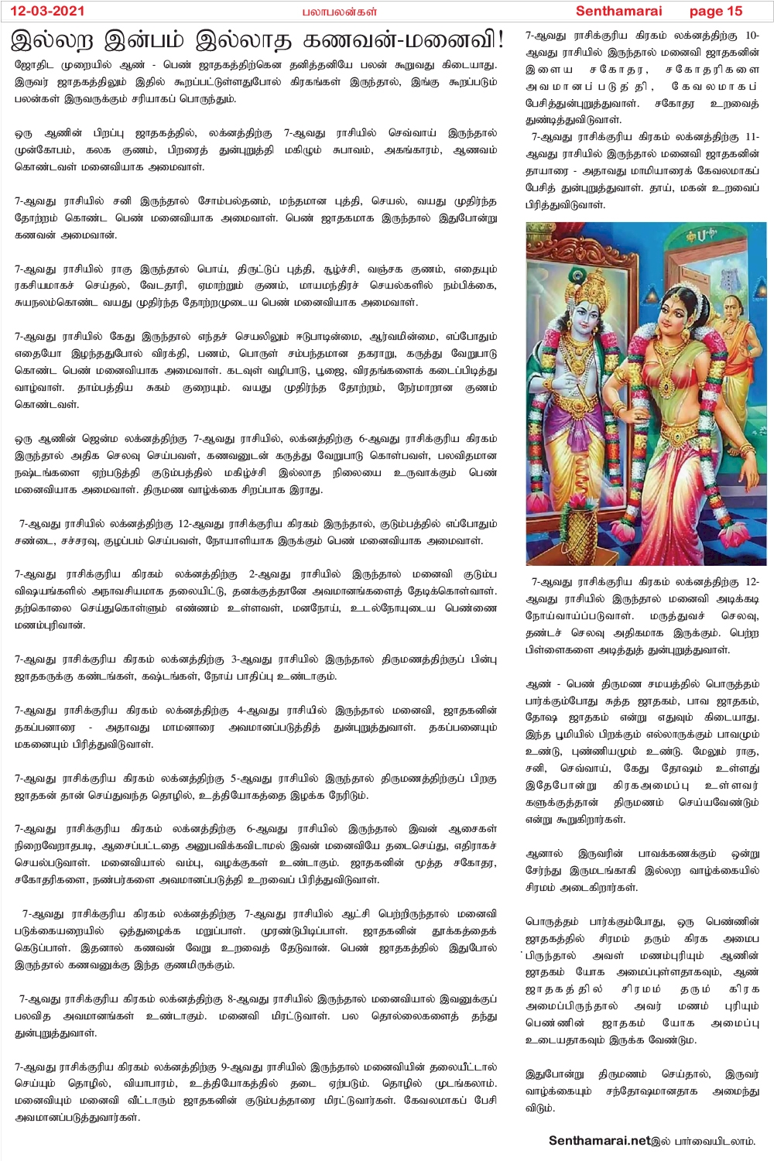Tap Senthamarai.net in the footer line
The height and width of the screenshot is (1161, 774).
(x=599, y=1140)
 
